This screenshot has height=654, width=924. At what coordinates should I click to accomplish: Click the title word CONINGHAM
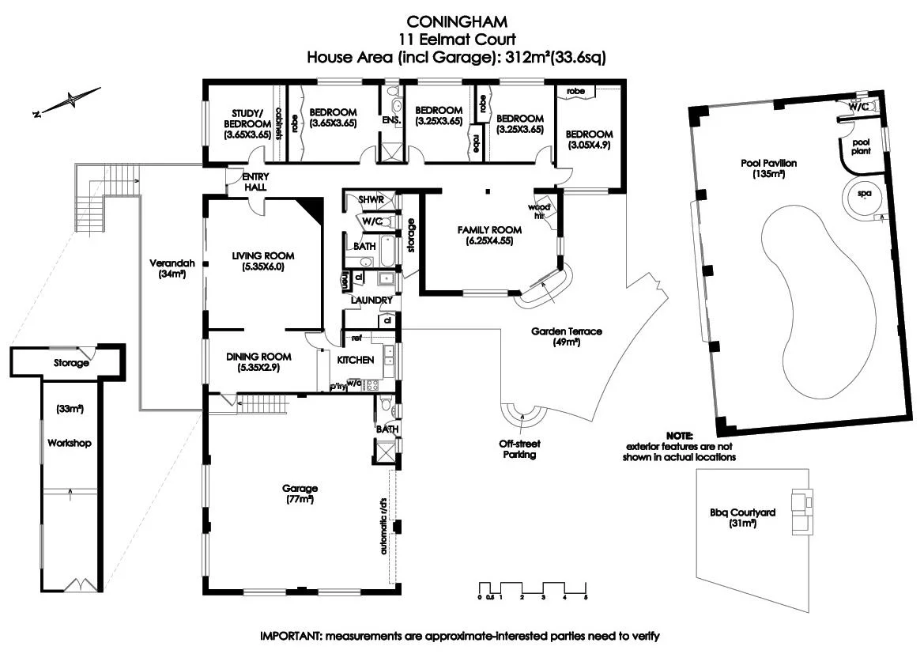[x=457, y=22]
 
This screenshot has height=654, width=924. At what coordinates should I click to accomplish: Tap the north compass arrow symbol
[x=67, y=101]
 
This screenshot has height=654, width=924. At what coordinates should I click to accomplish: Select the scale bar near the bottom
[x=533, y=590]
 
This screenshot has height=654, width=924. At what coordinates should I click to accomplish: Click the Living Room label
[x=263, y=255]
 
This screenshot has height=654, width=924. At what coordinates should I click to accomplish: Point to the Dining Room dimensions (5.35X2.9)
[x=258, y=368]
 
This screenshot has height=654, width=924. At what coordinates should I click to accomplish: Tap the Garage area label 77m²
[x=300, y=499]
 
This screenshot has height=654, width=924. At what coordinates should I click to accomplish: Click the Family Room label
[x=490, y=229]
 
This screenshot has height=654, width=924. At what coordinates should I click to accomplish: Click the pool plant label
[x=861, y=146]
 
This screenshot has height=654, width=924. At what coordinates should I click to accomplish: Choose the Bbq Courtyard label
[x=742, y=512]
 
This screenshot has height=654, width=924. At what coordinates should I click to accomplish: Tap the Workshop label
[x=70, y=443]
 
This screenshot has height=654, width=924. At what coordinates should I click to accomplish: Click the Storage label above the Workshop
[x=71, y=363]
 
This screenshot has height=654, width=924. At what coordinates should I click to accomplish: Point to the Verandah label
[x=172, y=263]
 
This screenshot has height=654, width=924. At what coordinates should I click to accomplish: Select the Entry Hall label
[x=255, y=182]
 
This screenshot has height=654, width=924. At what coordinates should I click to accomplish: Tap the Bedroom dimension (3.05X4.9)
[x=590, y=145]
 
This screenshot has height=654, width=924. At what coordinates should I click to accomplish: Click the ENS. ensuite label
[x=392, y=119]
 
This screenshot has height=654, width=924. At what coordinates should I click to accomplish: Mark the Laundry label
[x=371, y=301]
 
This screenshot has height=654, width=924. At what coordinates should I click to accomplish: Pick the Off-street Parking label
[x=520, y=448]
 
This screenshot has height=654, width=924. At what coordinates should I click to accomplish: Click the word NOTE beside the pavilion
[x=680, y=436]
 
